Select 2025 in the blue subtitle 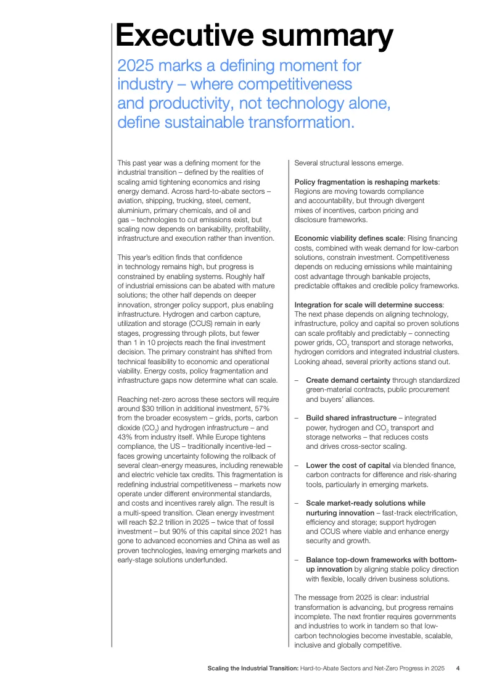(x=136, y=65)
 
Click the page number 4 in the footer (x=458, y=668)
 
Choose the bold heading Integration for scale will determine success (x=368, y=305)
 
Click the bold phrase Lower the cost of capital (x=348, y=465)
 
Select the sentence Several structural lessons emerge (x=348, y=163)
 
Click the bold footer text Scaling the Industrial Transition (x=253, y=668)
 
